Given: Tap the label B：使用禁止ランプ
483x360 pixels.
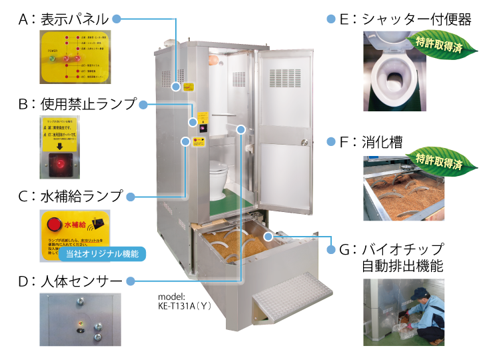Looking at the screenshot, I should (x=77, y=105).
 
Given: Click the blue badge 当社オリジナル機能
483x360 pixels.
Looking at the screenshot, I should (x=101, y=253).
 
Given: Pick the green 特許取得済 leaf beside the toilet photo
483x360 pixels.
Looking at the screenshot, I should (x=438, y=42).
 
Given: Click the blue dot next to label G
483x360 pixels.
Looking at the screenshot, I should (x=330, y=249).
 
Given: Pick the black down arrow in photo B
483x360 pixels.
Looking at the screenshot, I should (x=60, y=146).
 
